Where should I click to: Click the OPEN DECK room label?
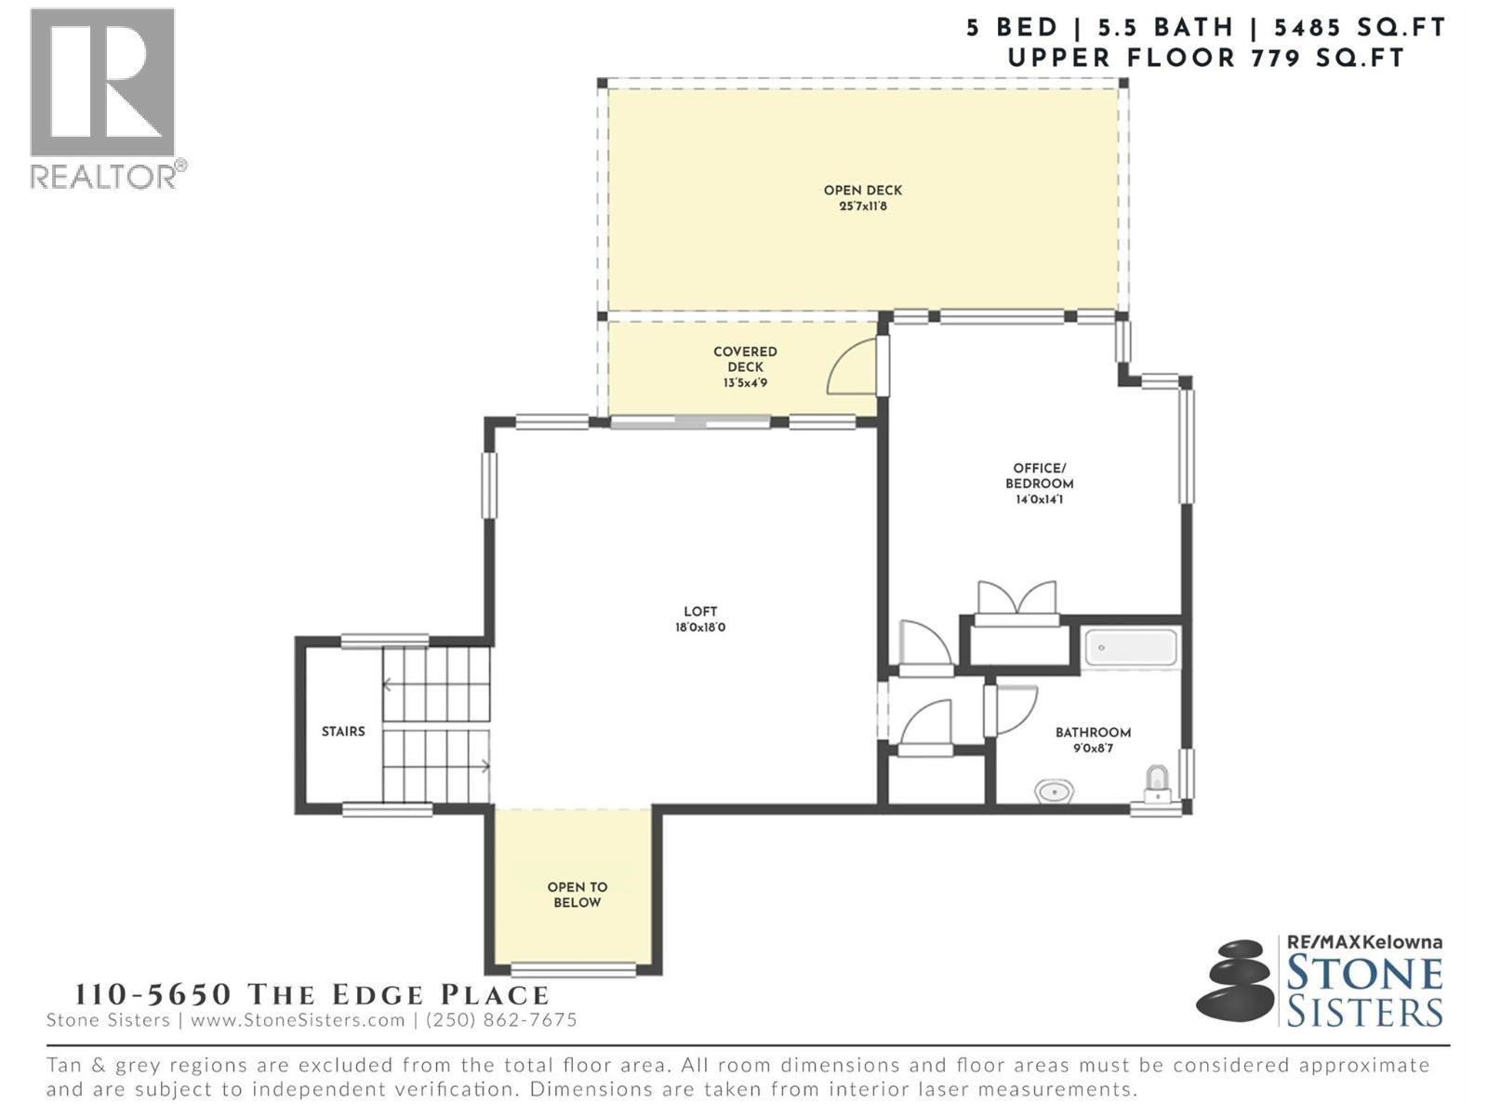(x=862, y=197)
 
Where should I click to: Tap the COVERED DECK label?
(x=745, y=366)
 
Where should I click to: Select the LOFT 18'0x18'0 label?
(x=700, y=619)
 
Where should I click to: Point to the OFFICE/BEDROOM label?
(x=1039, y=483)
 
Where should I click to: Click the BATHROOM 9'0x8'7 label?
(x=1093, y=739)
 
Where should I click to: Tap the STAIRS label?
(x=343, y=732)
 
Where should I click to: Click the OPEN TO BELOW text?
(x=577, y=895)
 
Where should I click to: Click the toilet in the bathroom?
(x=1156, y=783)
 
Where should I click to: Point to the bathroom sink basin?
(x=1055, y=791)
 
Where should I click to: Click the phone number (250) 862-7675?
(x=501, y=1020)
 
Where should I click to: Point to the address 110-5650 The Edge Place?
(x=312, y=994)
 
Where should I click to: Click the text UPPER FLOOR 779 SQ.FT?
(x=1205, y=58)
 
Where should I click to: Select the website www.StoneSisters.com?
(x=298, y=1020)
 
